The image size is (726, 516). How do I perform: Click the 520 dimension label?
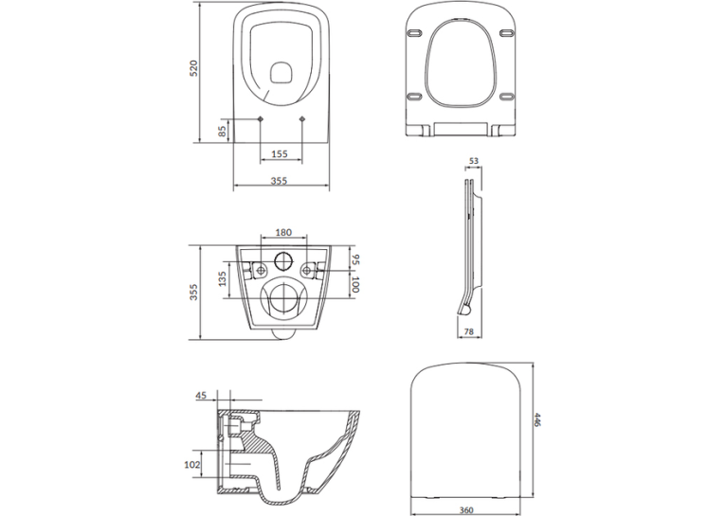click(x=194, y=68)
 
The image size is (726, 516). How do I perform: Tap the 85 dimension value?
click(x=222, y=132)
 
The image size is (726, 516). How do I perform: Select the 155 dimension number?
click(x=280, y=153)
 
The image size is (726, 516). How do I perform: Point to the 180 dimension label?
click(x=283, y=232)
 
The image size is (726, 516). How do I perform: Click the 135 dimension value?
click(x=223, y=278)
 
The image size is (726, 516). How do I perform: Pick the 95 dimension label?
click(x=354, y=259)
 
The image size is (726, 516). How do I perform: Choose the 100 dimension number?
click(x=354, y=284)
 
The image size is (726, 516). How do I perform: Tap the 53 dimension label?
click(x=474, y=161)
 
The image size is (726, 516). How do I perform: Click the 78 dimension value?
click(x=468, y=331)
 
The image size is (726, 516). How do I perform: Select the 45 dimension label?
click(x=201, y=396)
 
